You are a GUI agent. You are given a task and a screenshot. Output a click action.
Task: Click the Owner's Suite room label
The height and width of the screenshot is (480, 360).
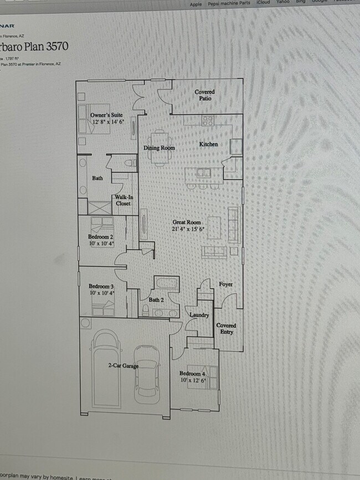(106, 115)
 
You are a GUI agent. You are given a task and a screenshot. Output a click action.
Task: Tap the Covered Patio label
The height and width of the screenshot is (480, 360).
(204, 95)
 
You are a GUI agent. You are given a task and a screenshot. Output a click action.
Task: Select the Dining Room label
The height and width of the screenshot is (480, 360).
(159, 148)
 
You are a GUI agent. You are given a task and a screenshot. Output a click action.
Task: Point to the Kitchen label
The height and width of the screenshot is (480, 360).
(208, 144)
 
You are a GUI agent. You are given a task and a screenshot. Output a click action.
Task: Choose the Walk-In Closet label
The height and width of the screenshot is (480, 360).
(123, 200)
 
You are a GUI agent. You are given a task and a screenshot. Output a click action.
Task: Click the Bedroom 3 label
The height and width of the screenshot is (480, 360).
(101, 286)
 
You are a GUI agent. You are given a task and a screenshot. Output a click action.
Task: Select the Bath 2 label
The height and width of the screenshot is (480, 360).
(156, 300)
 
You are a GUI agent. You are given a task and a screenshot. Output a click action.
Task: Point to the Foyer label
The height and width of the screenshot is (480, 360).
(225, 284)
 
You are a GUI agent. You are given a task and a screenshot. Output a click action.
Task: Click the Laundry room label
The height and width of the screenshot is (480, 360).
(199, 315)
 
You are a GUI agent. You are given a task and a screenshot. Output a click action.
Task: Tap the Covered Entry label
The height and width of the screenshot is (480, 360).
(226, 329)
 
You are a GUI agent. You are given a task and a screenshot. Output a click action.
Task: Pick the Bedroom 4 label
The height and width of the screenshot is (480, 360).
(193, 374)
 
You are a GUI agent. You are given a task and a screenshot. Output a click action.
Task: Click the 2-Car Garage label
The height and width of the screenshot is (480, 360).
(123, 365)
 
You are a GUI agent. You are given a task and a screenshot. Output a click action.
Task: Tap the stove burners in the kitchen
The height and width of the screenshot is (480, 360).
(208, 120)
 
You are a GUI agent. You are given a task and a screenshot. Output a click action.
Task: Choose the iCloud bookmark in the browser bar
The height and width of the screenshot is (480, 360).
(263, 3)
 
